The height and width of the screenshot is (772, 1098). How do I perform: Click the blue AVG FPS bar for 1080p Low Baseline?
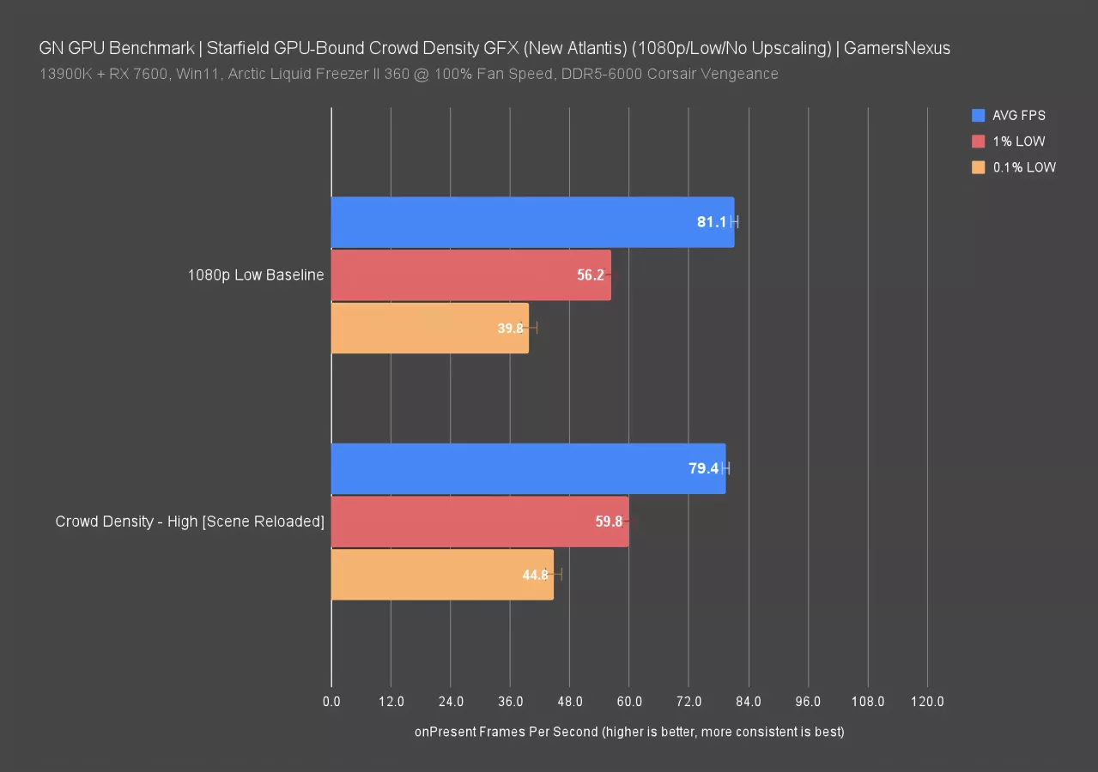(532, 222)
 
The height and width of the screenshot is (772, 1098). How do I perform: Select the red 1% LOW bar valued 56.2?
(470, 275)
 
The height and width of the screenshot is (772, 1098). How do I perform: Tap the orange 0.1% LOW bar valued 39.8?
(429, 328)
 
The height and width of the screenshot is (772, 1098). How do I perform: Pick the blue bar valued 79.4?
(528, 468)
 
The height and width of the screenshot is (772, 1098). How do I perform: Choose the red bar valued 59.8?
(479, 522)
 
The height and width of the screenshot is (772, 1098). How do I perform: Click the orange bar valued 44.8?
(442, 575)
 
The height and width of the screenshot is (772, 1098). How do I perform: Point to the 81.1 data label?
(712, 222)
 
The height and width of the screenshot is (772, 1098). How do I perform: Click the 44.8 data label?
(535, 575)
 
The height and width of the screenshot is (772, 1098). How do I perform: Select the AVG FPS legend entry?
(1018, 115)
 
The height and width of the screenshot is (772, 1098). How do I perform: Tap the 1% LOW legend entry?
(1018, 142)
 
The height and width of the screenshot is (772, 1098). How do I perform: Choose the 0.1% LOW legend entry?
(1024, 168)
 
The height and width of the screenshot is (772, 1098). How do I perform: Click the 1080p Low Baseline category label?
(256, 275)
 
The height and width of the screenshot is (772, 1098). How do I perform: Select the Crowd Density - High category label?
(190, 522)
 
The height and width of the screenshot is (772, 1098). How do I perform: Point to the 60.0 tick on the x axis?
(628, 702)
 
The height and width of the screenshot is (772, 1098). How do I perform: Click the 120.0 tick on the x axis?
(927, 702)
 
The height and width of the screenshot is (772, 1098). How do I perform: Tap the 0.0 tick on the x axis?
(331, 702)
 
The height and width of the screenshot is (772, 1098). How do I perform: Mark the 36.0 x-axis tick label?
(510, 702)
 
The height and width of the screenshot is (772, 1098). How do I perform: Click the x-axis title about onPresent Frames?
(629, 732)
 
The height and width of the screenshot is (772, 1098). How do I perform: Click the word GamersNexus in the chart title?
(896, 48)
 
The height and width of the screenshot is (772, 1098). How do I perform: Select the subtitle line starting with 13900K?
(409, 74)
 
